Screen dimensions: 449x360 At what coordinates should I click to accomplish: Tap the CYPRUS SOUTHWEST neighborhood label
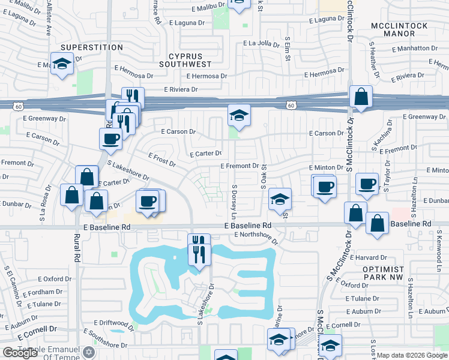pos(185,59)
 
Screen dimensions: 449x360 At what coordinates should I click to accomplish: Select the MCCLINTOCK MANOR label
pos(399,31)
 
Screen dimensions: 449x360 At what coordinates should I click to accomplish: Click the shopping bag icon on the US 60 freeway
pos(361,97)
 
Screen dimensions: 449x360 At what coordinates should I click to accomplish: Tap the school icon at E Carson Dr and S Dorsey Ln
pos(238,116)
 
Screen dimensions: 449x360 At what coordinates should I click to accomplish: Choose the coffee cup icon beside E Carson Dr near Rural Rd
pos(111,139)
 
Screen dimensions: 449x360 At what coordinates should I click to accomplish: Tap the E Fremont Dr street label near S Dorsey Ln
pos(239,166)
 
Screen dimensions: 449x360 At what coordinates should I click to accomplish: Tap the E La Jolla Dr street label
pos(266,43)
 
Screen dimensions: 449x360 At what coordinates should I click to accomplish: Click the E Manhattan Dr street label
pos(411,48)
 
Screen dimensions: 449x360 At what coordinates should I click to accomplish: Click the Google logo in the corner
pos(20,353)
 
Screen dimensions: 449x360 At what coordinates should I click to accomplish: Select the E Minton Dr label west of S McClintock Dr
pos(325,168)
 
